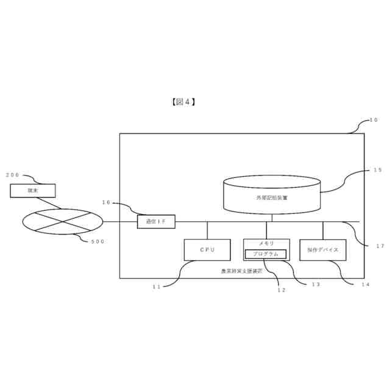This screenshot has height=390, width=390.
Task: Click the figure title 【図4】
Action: (183, 102)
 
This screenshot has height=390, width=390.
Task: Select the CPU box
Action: (207, 250)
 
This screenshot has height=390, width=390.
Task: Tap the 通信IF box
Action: (156, 222)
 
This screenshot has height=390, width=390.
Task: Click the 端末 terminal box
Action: (33, 191)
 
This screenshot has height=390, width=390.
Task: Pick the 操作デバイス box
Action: (323, 250)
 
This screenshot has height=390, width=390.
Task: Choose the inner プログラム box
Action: (265, 254)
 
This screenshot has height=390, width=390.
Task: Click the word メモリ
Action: (266, 244)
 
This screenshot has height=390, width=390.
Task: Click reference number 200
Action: (13, 175)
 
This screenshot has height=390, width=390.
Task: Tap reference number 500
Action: (97, 241)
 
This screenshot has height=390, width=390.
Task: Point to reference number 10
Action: (374, 120)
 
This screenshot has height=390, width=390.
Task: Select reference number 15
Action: (378, 170)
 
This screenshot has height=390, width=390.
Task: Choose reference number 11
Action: (157, 286)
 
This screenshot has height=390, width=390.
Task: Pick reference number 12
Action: (282, 290)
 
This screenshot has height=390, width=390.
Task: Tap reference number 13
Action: (316, 285)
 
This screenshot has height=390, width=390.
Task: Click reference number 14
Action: (365, 285)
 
